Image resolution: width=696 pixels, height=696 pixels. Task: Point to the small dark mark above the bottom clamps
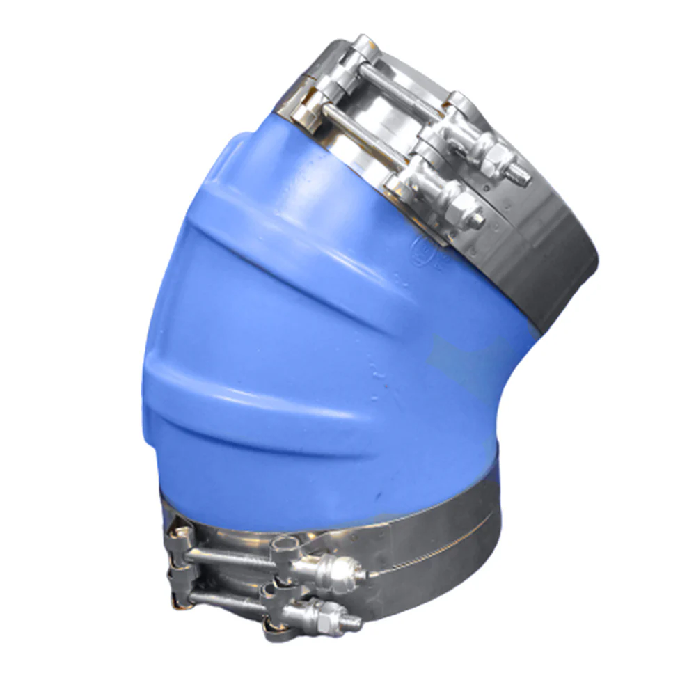(379, 496)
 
